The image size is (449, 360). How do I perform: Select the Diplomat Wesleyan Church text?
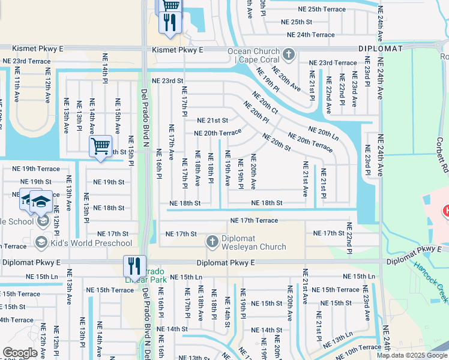[x=254, y=242]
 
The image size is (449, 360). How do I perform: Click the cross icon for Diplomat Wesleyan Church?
[x=212, y=242]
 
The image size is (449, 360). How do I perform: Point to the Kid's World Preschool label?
[x=91, y=243]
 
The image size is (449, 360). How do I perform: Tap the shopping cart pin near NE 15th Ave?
[x=100, y=145]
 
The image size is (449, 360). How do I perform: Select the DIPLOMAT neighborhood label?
[x=382, y=48]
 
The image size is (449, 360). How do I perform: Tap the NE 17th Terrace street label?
[x=254, y=221]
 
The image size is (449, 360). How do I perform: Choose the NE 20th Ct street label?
[x=265, y=104]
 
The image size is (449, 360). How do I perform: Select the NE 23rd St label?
[x=167, y=80]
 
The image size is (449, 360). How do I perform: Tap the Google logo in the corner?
[x=20, y=353]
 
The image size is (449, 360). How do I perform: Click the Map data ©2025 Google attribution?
[x=412, y=355]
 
